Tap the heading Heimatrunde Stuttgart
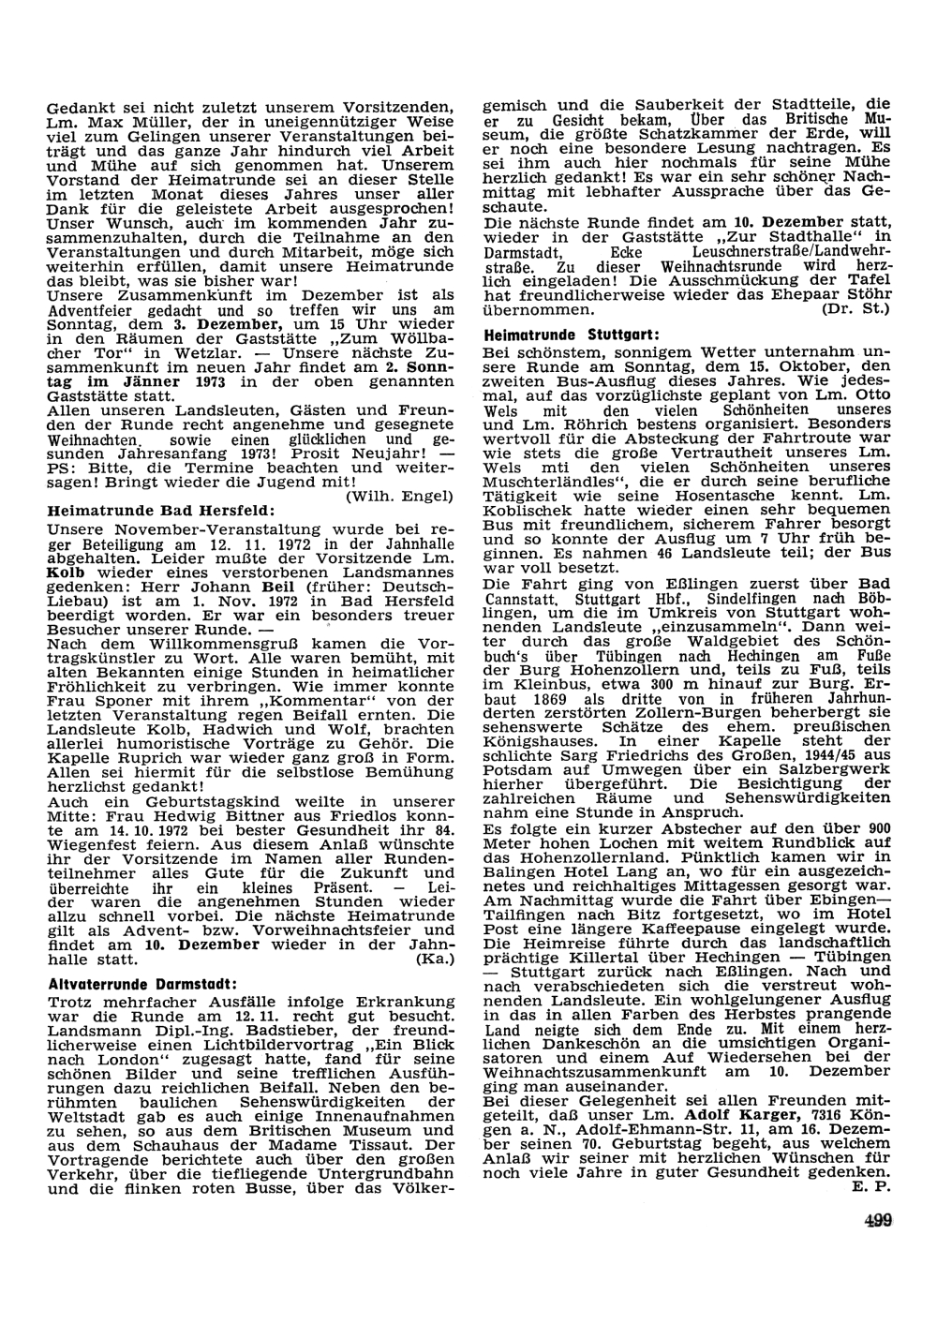(559, 335)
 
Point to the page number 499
(878, 1219)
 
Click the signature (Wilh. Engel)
(400, 496)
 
